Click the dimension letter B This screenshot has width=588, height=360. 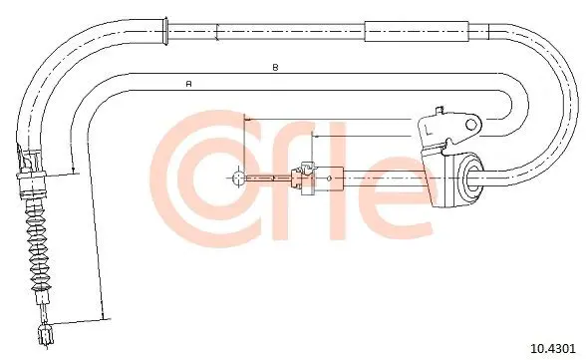(275, 68)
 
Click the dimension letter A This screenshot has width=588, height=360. (189, 84)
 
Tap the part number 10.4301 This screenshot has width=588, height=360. (552, 348)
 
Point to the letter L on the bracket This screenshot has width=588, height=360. (428, 130)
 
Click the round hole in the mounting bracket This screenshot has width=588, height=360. (471, 125)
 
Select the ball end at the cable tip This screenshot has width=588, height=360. (238, 178)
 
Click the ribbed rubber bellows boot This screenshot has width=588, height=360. (38, 247)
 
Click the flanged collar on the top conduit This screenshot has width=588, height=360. (163, 32)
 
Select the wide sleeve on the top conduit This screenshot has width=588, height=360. (417, 31)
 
